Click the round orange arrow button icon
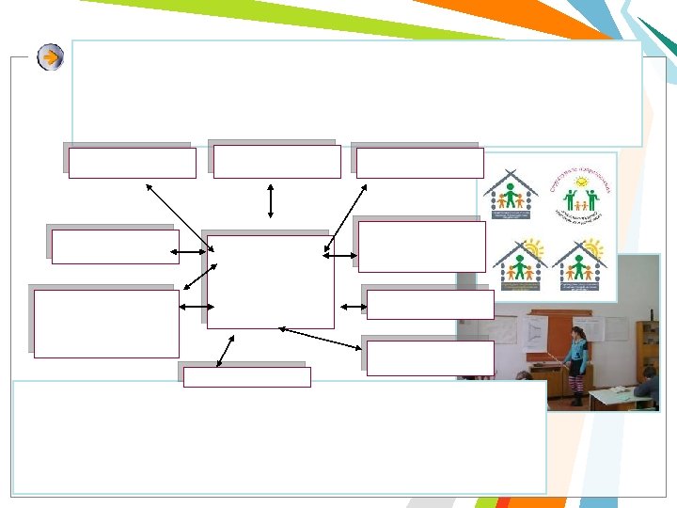(x=51, y=57)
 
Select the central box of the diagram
(x=270, y=281)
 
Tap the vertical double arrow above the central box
(x=271, y=200)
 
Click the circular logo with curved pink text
(x=581, y=194)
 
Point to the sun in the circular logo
(x=582, y=181)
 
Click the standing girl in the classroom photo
(x=575, y=362)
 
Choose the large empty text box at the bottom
(x=279, y=437)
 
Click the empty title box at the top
(x=356, y=92)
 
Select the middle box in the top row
(x=276, y=162)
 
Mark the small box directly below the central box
(x=246, y=377)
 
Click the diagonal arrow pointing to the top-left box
(x=179, y=216)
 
